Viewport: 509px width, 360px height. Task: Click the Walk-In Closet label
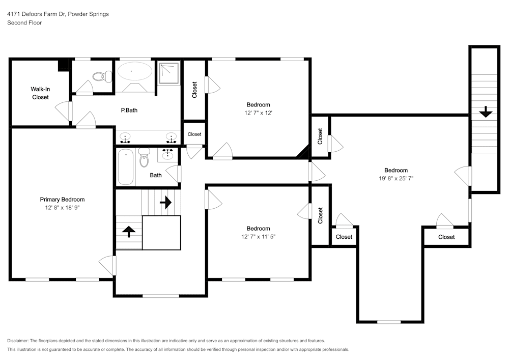tap(41, 93)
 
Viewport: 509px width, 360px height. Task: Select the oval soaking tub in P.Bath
tap(134, 71)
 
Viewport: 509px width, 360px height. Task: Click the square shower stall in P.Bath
tap(169, 73)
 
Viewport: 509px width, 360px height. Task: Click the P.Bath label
tap(129, 110)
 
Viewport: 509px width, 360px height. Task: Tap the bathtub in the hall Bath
tap(125, 167)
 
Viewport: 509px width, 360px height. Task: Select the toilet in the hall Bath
tap(144, 158)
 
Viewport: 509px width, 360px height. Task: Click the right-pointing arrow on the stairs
tap(165, 203)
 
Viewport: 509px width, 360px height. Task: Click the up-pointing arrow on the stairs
tap(129, 232)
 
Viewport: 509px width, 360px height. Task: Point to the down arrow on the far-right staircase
tap(486, 112)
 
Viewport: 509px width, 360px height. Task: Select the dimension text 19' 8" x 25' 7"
tap(395, 178)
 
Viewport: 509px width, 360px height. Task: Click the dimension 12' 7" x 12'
tap(258, 113)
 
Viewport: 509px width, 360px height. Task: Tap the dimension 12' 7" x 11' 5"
tap(258, 237)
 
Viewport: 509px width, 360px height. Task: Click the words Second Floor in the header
tap(24, 23)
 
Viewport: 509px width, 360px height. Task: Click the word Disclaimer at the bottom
tap(18, 341)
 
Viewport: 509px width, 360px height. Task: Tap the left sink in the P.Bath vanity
tap(125, 137)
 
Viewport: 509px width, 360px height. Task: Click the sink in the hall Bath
tap(168, 153)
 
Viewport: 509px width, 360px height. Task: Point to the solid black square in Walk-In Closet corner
tap(64, 65)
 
